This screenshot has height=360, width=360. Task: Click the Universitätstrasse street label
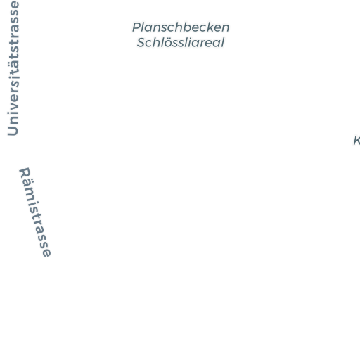point(13,68)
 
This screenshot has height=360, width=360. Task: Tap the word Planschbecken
point(181,27)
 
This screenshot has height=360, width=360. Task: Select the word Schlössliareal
point(181,42)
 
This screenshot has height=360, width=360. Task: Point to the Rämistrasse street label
point(35,212)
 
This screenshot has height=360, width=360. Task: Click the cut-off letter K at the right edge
point(356,141)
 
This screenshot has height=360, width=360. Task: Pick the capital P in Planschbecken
point(136,27)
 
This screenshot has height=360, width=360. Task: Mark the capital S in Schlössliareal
point(141,43)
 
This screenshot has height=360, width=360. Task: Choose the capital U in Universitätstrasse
point(13,130)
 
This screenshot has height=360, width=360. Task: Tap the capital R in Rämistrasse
point(25,173)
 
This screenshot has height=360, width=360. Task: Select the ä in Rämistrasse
point(28,185)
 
